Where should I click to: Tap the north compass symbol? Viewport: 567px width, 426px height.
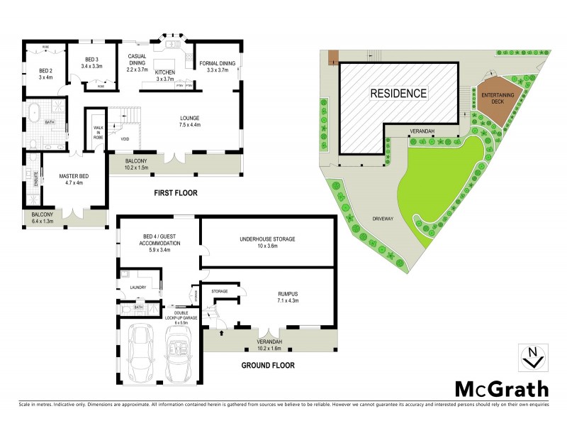532,356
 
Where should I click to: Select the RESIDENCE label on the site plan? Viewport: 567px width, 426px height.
397,93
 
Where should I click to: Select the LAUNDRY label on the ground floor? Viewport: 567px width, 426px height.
137,288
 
